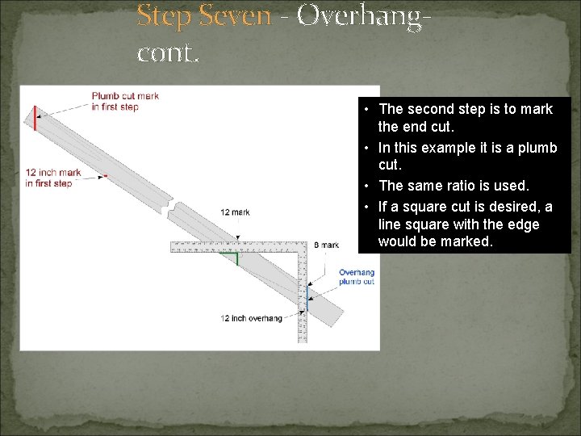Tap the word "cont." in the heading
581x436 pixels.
coord(167,53)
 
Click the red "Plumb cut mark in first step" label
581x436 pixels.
coord(125,101)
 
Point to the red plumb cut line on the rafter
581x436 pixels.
coord(35,118)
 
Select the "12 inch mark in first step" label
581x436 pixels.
coord(53,178)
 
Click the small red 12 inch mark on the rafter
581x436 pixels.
coord(105,174)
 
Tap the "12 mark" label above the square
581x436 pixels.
coord(235,212)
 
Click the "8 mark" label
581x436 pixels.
coord(327,245)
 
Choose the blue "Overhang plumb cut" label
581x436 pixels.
coord(356,277)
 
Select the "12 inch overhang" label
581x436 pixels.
coord(251,318)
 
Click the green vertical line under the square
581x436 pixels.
coord(237,258)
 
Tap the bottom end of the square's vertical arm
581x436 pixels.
coord(303,340)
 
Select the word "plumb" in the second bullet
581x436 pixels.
coord(538,147)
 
